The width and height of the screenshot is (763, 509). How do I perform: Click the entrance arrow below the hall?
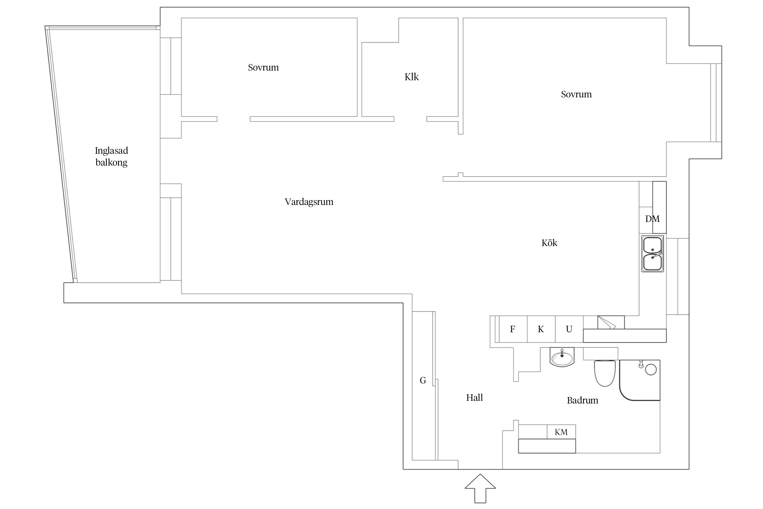pos(480,489)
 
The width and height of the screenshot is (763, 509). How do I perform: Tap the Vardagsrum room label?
pos(309,202)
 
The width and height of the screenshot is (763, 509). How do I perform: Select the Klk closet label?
pos(412,77)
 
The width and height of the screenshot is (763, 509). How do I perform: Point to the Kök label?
pos(549,243)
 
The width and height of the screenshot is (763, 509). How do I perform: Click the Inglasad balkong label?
pos(112,156)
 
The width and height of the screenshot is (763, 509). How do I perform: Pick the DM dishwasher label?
pos(652,219)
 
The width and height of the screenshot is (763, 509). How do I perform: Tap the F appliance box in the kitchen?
pos(513,329)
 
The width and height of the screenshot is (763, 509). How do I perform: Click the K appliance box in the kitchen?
pos(541,329)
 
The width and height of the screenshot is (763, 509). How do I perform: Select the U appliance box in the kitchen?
pos(569,329)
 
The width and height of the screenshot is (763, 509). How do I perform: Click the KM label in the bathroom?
pos(561,432)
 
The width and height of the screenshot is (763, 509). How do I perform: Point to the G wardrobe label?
pos(423,380)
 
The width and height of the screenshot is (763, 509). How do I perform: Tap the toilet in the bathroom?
pos(605,373)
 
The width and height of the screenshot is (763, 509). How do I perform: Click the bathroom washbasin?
pos(562,357)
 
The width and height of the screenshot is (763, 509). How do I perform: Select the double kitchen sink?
pos(652,253)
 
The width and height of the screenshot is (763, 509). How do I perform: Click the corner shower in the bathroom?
pos(640,380)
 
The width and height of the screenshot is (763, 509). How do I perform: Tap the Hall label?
pos(474,398)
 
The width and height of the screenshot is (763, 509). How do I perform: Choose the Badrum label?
pos(583,400)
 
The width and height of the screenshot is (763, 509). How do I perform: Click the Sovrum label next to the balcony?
pos(263,68)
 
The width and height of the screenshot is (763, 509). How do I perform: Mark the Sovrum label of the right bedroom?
pos(576,94)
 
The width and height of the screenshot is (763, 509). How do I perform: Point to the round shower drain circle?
pos(651,370)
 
